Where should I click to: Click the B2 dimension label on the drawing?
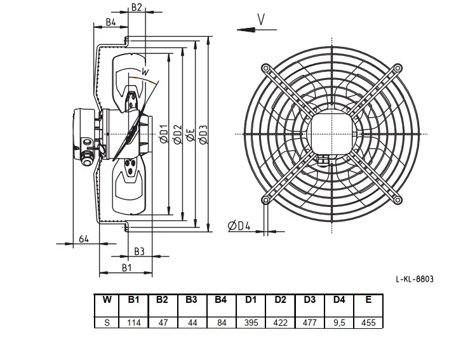point(137,7)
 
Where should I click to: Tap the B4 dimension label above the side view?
point(110,22)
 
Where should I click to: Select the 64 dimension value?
point(84,239)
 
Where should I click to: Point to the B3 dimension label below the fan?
point(139,251)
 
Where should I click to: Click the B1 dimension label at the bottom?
point(126,268)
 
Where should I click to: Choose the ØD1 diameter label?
point(164,133)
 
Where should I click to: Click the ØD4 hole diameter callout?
point(239,226)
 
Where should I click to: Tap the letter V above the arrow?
point(261,20)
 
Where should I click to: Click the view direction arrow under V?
point(257,30)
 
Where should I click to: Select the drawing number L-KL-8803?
point(415,279)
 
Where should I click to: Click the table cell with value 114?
point(134,323)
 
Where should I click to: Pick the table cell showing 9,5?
point(339,323)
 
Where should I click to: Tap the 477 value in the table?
point(309,323)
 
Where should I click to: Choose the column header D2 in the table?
point(280,300)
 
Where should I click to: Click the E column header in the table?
point(368,300)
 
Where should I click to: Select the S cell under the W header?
point(107,323)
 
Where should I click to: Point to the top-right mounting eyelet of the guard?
point(398,69)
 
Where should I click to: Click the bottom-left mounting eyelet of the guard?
point(265,200)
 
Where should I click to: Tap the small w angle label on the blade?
point(145,72)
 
